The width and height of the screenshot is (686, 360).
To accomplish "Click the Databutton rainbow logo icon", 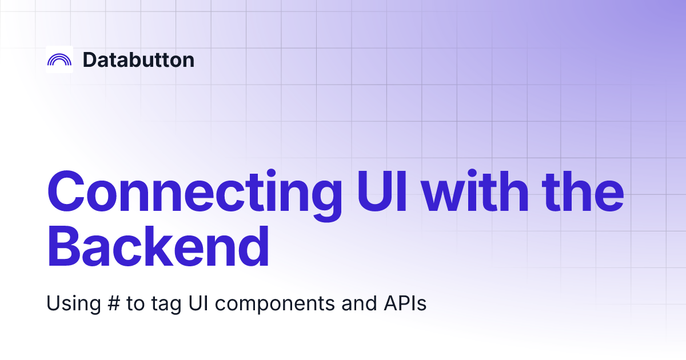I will tap(59, 59).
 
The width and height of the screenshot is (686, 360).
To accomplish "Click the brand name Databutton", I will tap(138, 59).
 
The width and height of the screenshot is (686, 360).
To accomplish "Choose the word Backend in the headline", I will tap(158, 246).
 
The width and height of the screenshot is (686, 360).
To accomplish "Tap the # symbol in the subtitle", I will tap(113, 303).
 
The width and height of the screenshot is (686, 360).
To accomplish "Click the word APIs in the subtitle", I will tap(405, 303).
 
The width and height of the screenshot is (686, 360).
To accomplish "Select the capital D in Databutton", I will tap(90, 59).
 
